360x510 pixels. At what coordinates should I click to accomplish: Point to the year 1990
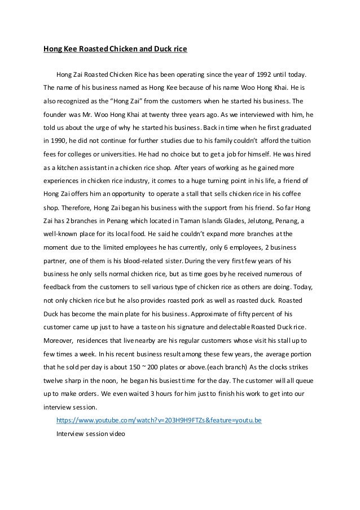point(57,140)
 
